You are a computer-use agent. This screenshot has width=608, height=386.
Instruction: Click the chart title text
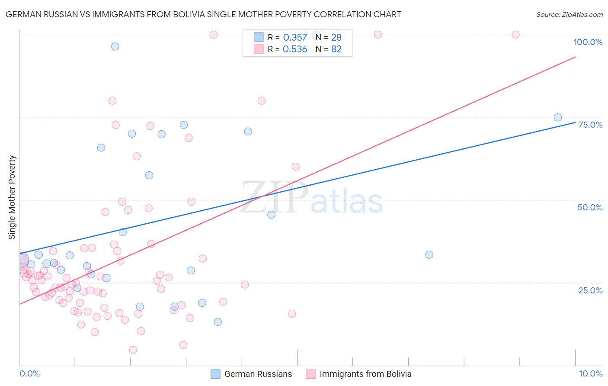[x=203, y=14]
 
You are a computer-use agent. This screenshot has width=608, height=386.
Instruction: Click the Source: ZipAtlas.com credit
[x=569, y=14]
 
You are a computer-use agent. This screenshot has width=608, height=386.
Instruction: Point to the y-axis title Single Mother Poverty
[x=12, y=197]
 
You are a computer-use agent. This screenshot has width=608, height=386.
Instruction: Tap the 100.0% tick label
[x=588, y=42]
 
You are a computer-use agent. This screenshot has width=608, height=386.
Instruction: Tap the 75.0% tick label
[x=590, y=125]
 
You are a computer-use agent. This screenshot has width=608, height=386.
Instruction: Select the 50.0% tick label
[x=590, y=207]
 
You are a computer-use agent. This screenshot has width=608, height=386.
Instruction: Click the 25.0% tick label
[x=590, y=290]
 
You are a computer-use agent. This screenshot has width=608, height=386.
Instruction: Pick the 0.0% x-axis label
[x=29, y=373]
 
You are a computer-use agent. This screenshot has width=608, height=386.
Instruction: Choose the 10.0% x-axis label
[x=590, y=373]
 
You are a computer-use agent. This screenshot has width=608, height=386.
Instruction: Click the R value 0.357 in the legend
[x=295, y=38]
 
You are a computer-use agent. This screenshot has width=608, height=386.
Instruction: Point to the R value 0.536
[x=295, y=49]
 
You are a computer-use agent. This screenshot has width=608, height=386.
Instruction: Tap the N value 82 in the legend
[x=336, y=49]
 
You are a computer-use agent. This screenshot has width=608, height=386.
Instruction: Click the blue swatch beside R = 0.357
[x=259, y=37]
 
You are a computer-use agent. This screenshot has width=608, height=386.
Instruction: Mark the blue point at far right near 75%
[x=558, y=117]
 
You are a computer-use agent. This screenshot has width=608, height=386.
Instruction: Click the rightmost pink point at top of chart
[x=515, y=35]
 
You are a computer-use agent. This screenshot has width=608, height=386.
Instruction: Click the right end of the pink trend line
[x=575, y=57]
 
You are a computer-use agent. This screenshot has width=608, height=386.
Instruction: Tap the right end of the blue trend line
[x=575, y=122]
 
